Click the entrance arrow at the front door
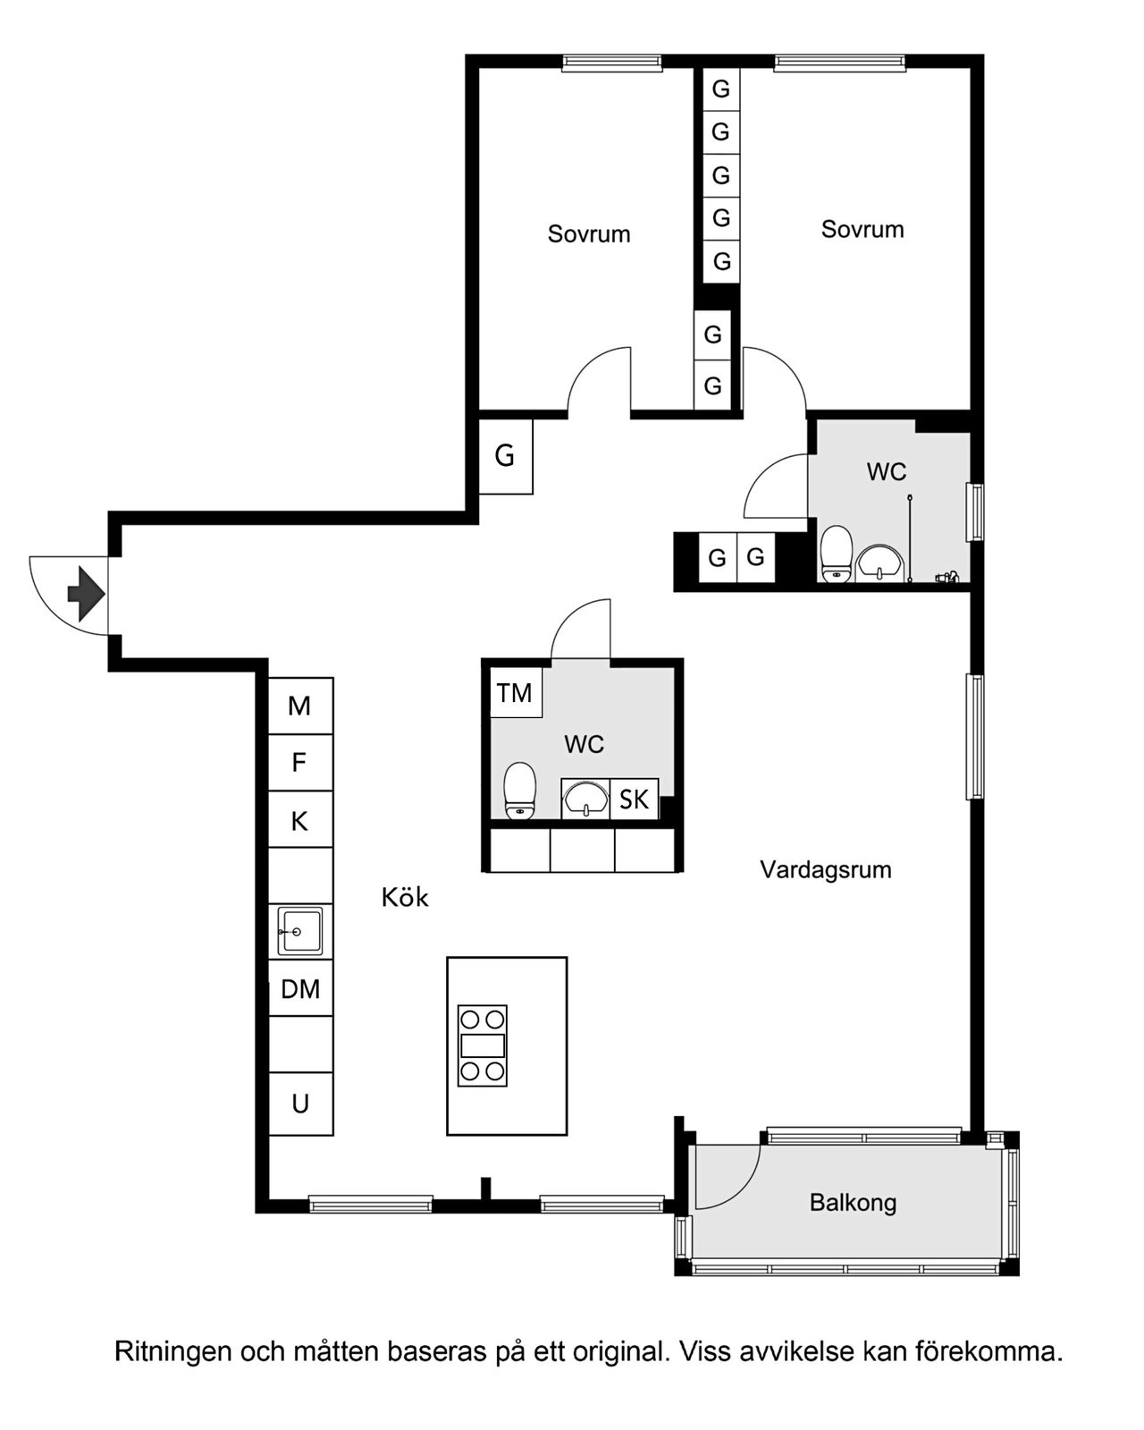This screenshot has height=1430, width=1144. [x=86, y=594]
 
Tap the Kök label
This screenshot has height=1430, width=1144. [x=405, y=898]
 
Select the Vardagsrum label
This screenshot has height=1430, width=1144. [x=825, y=870]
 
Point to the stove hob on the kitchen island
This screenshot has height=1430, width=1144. [x=483, y=1045]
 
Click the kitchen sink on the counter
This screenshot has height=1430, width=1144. [x=299, y=931]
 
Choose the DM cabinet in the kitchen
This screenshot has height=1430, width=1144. [x=300, y=988]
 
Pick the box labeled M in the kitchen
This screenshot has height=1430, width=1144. [x=300, y=706]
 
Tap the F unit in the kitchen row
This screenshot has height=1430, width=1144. [x=300, y=762]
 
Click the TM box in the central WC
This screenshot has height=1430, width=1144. [x=516, y=692]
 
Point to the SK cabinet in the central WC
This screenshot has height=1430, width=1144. [x=634, y=799]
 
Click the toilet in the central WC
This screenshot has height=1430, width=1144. [x=519, y=791]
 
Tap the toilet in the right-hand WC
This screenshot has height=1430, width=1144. [x=837, y=554]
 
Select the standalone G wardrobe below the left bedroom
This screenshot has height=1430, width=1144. [x=506, y=456]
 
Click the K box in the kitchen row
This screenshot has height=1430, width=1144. [x=300, y=818]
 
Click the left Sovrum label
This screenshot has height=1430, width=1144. [x=589, y=234]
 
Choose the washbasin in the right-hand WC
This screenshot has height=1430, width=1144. [x=880, y=563]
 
